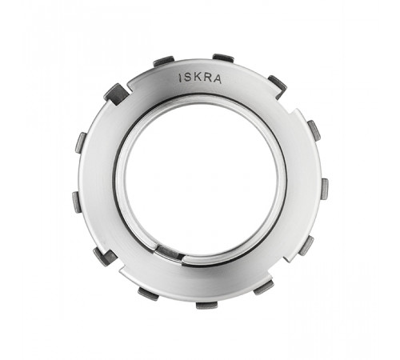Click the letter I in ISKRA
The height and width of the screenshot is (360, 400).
(182, 78)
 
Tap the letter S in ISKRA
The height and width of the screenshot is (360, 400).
(188, 78)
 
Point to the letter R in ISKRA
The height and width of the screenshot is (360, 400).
(206, 78)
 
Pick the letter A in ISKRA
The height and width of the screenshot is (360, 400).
(217, 79)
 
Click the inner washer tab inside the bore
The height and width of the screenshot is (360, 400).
(167, 253)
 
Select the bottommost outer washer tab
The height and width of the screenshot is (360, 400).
(206, 306)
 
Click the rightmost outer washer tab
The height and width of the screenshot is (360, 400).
(325, 190)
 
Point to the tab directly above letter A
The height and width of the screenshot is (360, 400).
(223, 58)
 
